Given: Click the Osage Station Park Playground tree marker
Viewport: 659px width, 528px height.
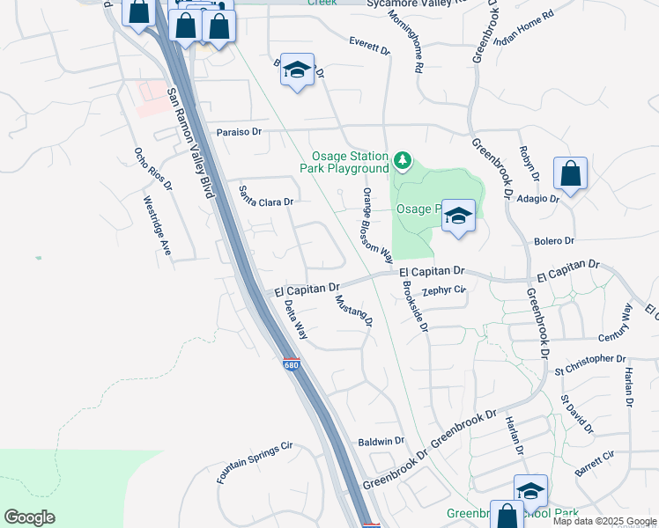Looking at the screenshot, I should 403,160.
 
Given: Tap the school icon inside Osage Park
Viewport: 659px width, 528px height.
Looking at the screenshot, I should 458,216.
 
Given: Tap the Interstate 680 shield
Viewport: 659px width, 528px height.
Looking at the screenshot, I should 292,364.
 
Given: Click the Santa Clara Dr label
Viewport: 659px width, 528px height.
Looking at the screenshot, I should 266,202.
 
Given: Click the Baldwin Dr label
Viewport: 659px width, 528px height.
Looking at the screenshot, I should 381,440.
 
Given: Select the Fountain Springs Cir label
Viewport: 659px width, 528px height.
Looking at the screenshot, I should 255,463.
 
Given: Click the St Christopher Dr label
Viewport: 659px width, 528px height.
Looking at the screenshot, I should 589,359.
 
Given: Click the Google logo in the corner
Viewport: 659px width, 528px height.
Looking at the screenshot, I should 29,517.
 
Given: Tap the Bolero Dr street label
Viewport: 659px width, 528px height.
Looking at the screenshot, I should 553,240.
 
